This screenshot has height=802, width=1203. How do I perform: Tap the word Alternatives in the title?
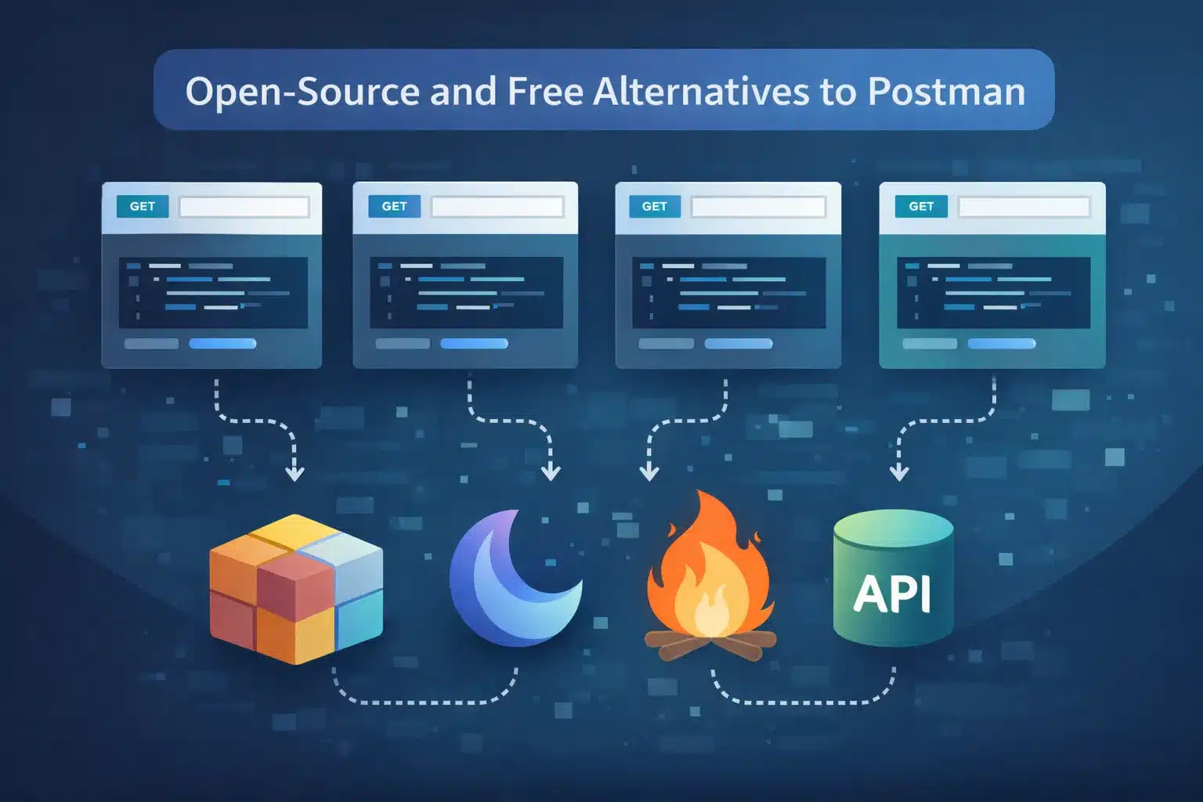pyautogui.click(x=701, y=92)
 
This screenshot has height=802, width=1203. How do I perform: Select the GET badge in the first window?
pyautogui.click(x=143, y=206)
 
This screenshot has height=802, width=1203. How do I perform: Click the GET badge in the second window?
pyautogui.click(x=394, y=206)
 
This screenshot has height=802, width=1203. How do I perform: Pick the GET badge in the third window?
pyautogui.click(x=654, y=206)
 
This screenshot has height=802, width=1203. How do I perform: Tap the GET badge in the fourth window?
pyautogui.click(x=921, y=206)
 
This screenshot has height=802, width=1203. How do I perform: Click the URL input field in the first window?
pyautogui.click(x=244, y=207)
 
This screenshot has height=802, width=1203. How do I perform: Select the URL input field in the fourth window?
pyautogui.click(x=1024, y=207)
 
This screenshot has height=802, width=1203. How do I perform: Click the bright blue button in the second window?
pyautogui.click(x=474, y=344)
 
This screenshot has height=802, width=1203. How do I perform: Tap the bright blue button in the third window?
pyautogui.click(x=738, y=344)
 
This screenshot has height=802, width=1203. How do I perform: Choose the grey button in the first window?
pyautogui.click(x=151, y=344)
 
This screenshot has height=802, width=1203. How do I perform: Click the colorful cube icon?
pyautogui.click(x=296, y=589)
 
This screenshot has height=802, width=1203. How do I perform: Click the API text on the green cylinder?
pyautogui.click(x=892, y=594)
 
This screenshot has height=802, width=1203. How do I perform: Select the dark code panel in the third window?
pyautogui.click(x=728, y=292)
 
